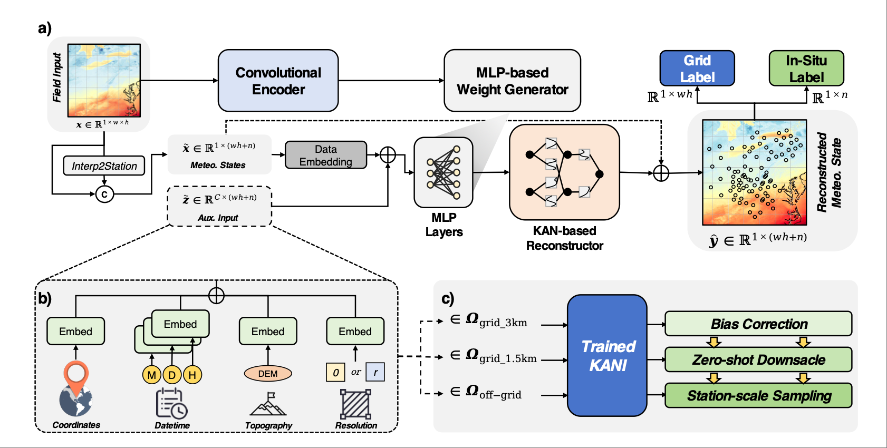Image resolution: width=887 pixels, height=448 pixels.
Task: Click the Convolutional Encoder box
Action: (278, 81)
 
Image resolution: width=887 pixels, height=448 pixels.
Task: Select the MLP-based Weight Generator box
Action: (513, 81)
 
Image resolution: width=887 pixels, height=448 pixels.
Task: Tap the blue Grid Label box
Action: (697, 68)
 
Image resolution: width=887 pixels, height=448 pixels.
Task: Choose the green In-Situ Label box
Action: (806, 68)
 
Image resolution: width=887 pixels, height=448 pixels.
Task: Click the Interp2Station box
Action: (104, 166)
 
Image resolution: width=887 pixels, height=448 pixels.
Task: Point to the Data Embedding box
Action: (326, 155)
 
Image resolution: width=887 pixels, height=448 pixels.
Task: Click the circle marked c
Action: (104, 194)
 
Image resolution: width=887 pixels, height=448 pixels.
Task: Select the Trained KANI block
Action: (607, 355)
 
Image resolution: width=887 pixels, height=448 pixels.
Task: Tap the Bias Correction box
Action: (758, 324)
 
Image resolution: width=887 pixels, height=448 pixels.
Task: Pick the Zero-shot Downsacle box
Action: (758, 360)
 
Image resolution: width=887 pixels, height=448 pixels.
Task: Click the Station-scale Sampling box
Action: (758, 395)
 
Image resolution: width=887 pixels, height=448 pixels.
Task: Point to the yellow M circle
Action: (152, 374)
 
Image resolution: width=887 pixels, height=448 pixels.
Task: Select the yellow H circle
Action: (192, 374)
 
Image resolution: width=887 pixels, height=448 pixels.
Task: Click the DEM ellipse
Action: (268, 374)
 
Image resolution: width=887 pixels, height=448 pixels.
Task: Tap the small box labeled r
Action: (375, 372)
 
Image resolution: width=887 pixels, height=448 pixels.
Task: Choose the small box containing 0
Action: (335, 373)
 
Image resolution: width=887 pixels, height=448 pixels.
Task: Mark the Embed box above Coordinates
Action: (75, 331)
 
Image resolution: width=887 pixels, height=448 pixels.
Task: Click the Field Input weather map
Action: (104, 80)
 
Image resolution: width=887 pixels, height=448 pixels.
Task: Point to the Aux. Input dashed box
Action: (219, 206)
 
